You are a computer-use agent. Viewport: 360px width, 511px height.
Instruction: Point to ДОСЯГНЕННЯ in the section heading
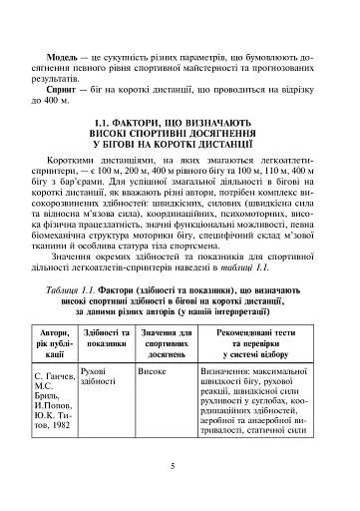click(217, 133)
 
